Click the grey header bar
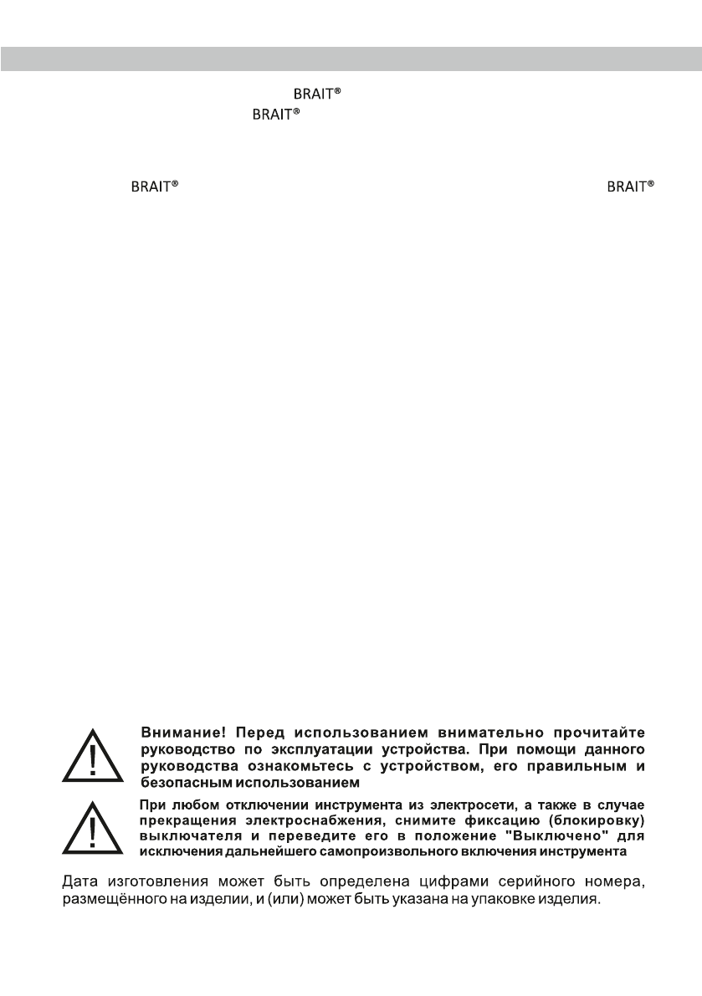point(351,60)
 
